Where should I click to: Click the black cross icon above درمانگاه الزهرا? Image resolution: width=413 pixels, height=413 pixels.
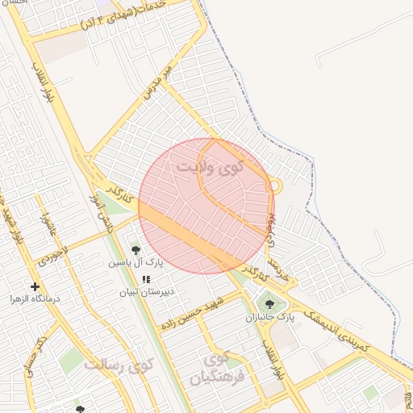35,286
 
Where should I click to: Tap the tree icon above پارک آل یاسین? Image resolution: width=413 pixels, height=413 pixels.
136,251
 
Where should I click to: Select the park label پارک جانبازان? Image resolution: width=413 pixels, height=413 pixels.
269,318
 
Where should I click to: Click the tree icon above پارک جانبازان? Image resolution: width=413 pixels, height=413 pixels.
269,305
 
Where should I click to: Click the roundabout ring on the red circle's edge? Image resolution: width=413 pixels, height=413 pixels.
274,186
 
